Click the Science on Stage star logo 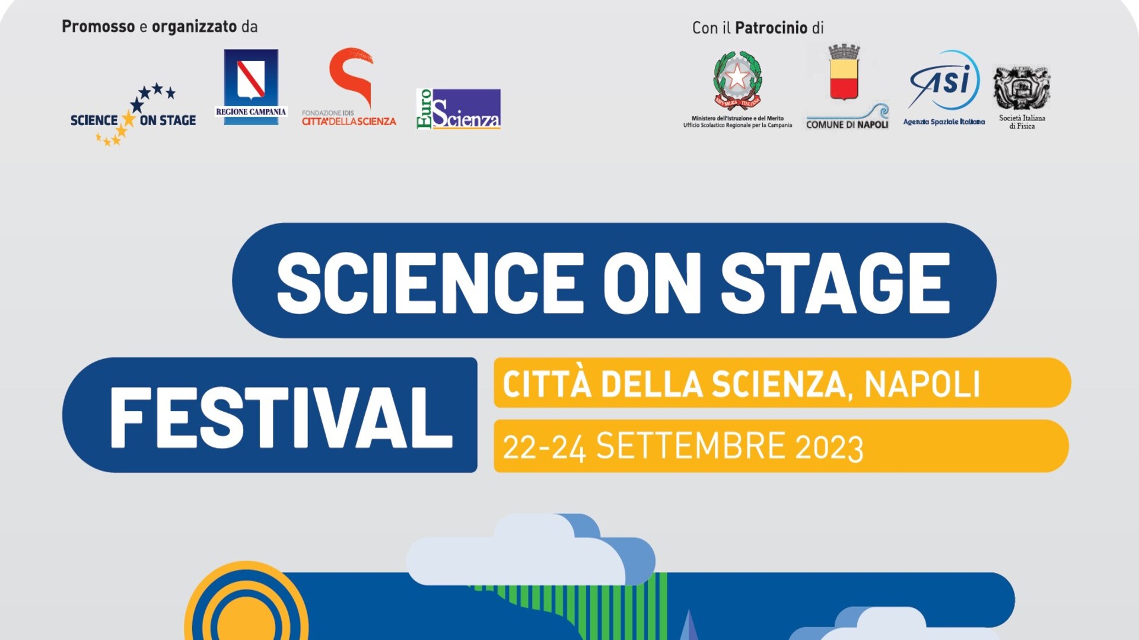(133, 114)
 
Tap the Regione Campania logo (251, 87)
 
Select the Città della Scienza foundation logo (349, 87)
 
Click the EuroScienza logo (459, 109)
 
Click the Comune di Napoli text (847, 124)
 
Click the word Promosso (98, 27)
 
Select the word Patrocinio (771, 28)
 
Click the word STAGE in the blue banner (835, 283)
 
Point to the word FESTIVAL (281, 418)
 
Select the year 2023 (829, 447)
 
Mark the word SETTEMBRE (691, 446)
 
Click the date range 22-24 (545, 447)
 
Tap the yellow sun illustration (246, 601)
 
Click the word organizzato (195, 27)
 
